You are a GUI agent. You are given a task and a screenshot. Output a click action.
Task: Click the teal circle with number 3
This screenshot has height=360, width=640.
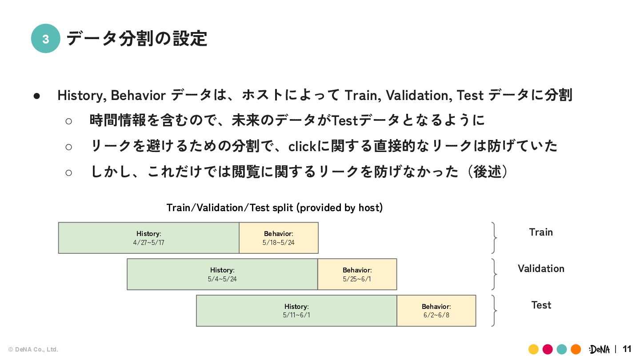tap(45, 39)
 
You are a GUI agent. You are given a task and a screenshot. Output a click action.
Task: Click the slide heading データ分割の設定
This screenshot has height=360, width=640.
tap(136, 39)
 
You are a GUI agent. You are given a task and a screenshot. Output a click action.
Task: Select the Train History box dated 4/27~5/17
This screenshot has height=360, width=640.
tap(148, 238)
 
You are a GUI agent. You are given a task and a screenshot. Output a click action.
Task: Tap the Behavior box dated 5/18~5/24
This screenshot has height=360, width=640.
tap(279, 238)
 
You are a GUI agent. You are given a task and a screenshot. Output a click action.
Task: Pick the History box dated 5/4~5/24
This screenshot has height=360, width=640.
tap(222, 274)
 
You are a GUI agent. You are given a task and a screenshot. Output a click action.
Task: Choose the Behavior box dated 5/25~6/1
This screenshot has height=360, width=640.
tap(357, 274)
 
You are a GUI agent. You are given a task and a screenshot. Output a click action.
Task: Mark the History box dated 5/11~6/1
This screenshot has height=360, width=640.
tap(296, 311)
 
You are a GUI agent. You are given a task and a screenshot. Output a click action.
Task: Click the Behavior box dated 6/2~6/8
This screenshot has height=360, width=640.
tap(436, 311)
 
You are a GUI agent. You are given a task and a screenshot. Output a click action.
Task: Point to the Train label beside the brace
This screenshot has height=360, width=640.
tap(541, 232)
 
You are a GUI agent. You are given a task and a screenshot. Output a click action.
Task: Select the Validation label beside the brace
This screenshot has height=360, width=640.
tap(541, 268)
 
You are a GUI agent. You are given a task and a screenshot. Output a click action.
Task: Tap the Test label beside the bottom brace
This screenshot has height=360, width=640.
tap(541, 305)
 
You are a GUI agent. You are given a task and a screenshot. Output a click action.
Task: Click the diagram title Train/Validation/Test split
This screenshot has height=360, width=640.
tap(274, 208)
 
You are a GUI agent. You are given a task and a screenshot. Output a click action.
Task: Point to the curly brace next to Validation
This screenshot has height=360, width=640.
tap(494, 274)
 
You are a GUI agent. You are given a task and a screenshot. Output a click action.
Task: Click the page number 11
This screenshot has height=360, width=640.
tap(627, 349)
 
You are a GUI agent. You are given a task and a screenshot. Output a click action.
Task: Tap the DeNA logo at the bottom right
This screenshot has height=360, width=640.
tap(599, 349)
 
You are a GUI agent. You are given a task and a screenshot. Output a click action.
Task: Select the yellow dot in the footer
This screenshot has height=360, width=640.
tap(533, 349)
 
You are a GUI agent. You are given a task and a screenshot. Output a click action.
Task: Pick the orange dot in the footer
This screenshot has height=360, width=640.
tap(576, 349)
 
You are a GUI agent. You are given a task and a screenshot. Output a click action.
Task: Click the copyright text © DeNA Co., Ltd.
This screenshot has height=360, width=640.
tap(33, 350)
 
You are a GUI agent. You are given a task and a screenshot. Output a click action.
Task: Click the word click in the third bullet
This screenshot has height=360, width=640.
tap(303, 146)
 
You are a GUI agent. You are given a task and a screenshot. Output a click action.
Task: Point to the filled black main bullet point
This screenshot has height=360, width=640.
tap(37, 96)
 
